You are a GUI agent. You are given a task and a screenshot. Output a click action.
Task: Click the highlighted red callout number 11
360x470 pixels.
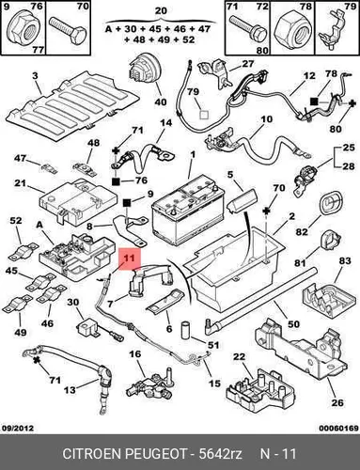[x=130, y=258]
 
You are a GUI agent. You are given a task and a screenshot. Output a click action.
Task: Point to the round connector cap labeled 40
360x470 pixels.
[x=145, y=71]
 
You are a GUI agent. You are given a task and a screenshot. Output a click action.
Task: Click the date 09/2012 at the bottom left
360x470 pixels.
[x=18, y=428]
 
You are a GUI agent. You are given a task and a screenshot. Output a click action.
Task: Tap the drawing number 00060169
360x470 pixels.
[x=339, y=428]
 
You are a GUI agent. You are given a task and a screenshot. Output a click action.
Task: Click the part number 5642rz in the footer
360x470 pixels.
[x=220, y=454]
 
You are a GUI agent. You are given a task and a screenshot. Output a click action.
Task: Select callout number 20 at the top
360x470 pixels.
[x=161, y=11]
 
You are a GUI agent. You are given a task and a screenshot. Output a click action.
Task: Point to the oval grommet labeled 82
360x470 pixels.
[x=330, y=204]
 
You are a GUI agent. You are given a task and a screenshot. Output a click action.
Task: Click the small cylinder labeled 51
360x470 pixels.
[x=186, y=330]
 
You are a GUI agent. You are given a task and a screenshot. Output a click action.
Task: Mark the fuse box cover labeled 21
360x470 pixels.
[x=79, y=200]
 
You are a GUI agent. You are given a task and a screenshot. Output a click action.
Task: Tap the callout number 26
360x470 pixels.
[x=337, y=402]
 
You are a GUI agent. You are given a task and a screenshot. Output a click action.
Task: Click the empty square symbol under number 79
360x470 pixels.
[x=204, y=115]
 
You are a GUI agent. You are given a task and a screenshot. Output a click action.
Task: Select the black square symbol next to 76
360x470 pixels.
[x=116, y=181]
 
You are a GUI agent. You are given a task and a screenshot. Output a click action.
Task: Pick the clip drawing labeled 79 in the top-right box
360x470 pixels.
[x=331, y=30]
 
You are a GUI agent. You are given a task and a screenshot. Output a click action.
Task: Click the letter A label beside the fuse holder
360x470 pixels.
[x=39, y=225]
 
